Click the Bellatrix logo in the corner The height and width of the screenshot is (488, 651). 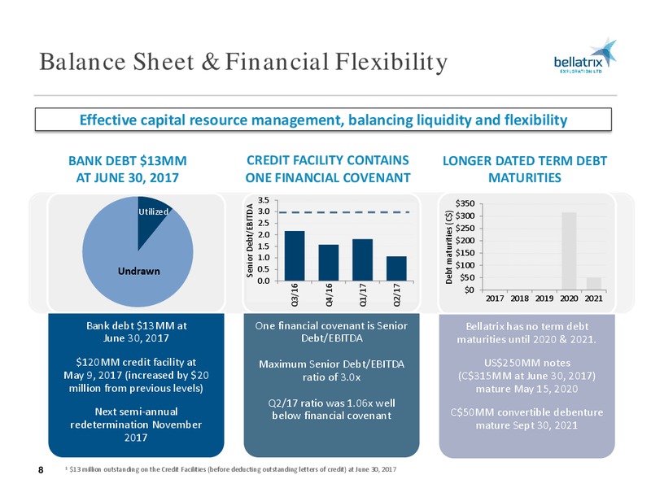pyautogui.click(x=585, y=56)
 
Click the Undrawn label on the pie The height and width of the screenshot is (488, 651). pyautogui.click(x=138, y=271)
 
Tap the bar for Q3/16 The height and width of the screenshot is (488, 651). pyautogui.click(x=295, y=255)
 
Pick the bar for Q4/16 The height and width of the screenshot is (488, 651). pyautogui.click(x=329, y=263)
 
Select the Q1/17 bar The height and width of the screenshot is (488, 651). pyautogui.click(x=362, y=259)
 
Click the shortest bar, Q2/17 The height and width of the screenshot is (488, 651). pyautogui.click(x=396, y=268)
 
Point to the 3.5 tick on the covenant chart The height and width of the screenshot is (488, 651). pyautogui.click(x=264, y=200)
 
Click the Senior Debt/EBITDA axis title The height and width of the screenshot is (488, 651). pyautogui.click(x=250, y=241)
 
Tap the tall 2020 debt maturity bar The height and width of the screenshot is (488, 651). pyautogui.click(x=569, y=251)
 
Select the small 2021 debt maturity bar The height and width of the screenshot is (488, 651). pyautogui.click(x=594, y=283)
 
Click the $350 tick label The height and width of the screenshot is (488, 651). pyautogui.click(x=465, y=203)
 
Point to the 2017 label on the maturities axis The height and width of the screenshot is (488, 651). pyautogui.click(x=495, y=298)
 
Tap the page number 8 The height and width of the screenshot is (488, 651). pyautogui.click(x=41, y=470)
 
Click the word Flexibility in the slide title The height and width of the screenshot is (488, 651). pyautogui.click(x=391, y=62)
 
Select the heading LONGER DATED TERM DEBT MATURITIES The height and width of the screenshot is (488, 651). pyautogui.click(x=525, y=169)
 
